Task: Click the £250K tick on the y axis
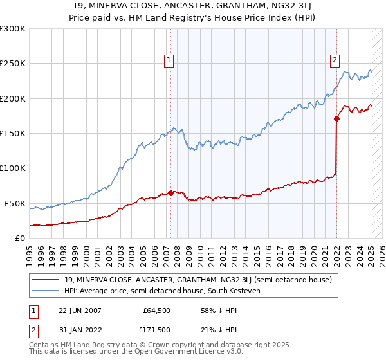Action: point(13,64)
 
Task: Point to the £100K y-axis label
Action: point(13,168)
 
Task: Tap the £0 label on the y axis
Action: point(19,238)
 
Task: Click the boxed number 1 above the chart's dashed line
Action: point(169,60)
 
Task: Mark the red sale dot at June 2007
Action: point(170,193)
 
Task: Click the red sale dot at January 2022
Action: point(336,118)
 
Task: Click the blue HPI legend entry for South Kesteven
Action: point(161,291)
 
